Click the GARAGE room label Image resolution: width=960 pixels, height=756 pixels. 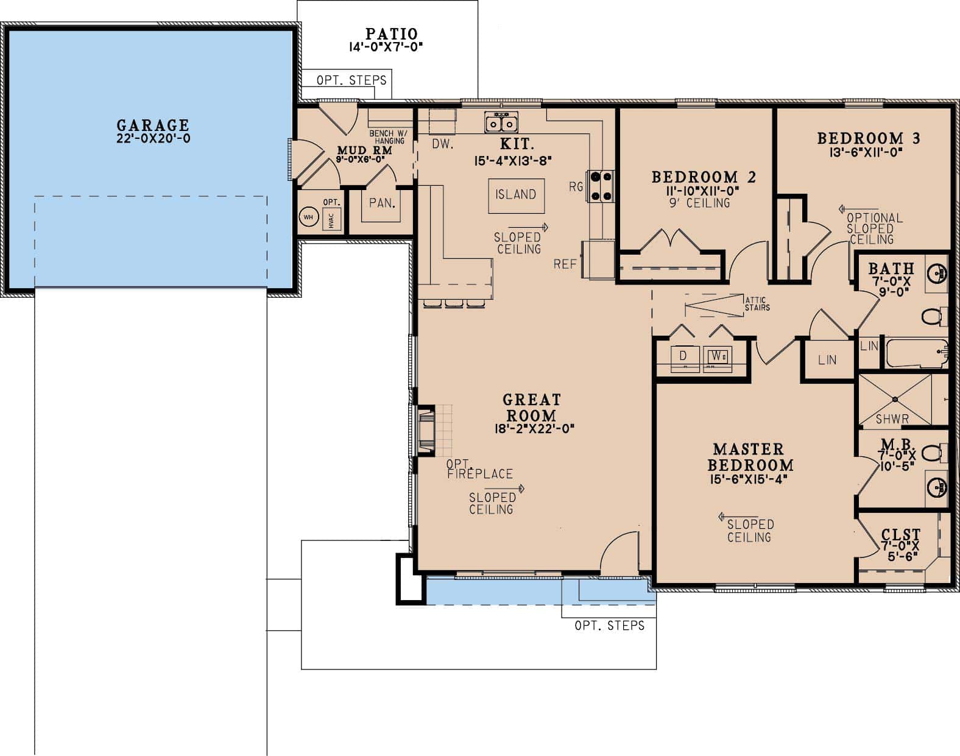[x=153, y=125]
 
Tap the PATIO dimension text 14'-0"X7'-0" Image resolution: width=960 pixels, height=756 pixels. [x=386, y=47]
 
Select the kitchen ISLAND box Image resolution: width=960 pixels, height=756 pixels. [x=515, y=195]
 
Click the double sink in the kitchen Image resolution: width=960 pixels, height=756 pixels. [x=501, y=122]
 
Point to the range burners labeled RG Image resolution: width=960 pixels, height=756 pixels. [x=602, y=186]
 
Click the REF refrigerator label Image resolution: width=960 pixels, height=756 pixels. [x=565, y=264]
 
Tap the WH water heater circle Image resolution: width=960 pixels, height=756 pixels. [x=308, y=217]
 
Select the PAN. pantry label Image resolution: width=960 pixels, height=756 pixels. [x=382, y=203]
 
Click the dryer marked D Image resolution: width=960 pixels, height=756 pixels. [x=683, y=356]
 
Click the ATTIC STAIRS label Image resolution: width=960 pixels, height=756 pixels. [x=757, y=304]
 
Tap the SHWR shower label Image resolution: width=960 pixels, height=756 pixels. [x=892, y=419]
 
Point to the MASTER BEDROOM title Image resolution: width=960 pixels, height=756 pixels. [x=749, y=457]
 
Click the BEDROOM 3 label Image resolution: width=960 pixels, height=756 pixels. [x=868, y=138]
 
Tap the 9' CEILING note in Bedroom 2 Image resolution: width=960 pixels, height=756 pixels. [x=699, y=203]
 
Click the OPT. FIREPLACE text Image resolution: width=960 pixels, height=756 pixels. [x=479, y=469]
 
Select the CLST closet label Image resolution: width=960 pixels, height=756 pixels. [x=900, y=534]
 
